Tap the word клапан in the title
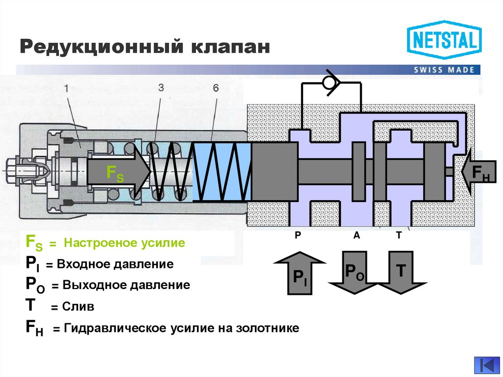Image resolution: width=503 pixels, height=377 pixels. tap(230, 47)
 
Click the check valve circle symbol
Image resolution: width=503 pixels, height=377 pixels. tap(330, 82)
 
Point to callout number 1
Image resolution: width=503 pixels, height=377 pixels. tap(67, 88)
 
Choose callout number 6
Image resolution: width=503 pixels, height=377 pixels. tap(216, 88)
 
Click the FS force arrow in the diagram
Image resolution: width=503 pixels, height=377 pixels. tap(118, 172)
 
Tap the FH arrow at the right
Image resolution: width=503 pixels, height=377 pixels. tap(479, 172)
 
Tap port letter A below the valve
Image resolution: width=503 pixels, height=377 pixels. tap(357, 235)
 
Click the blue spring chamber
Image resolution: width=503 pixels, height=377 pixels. tap(222, 172)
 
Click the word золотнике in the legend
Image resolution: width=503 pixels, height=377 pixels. tap(268, 328)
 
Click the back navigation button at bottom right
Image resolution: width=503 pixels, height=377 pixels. tap(486, 365)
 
